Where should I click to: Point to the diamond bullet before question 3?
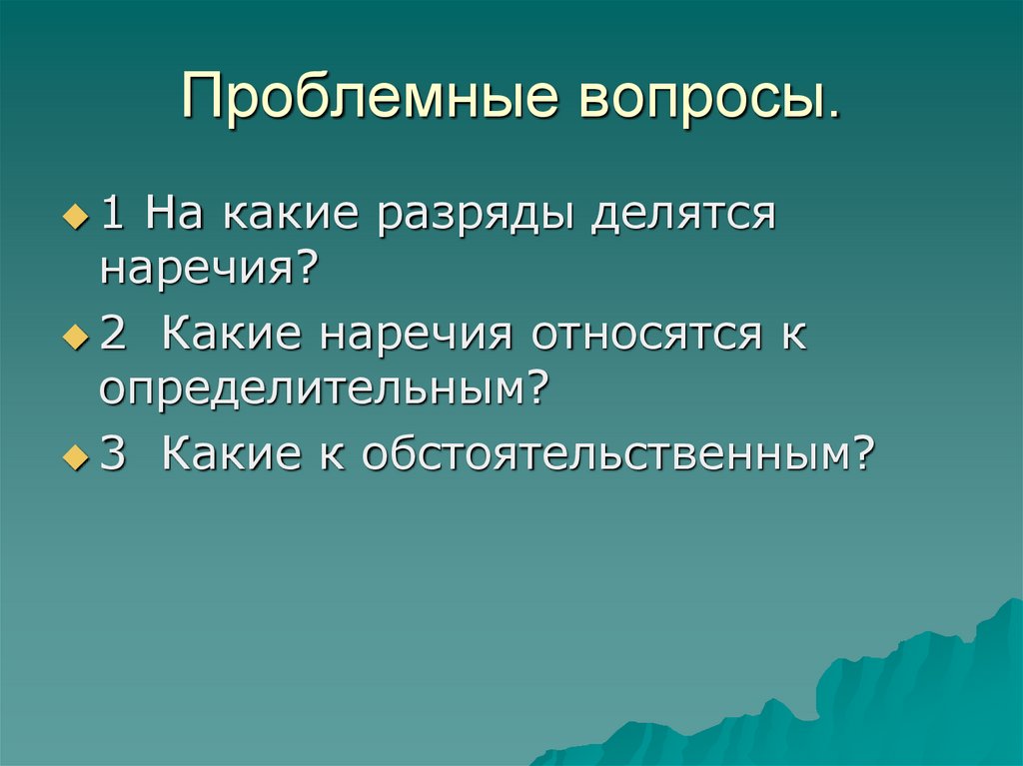tap(71, 457)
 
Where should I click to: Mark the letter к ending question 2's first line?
tap(794, 338)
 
